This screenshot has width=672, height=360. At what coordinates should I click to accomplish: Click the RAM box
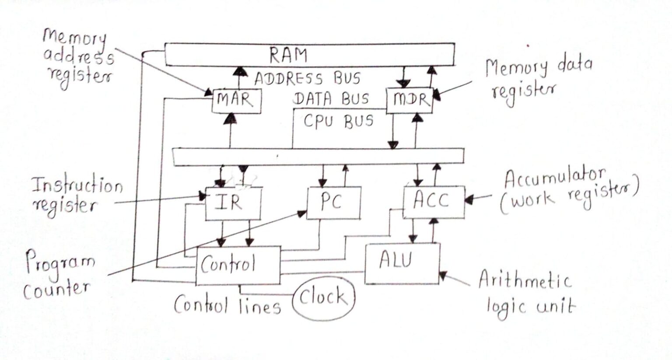click(x=309, y=55)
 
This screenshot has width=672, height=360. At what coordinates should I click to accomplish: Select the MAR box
click(x=236, y=101)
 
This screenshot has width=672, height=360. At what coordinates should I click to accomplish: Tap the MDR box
click(x=409, y=101)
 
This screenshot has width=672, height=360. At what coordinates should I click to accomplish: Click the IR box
click(x=233, y=203)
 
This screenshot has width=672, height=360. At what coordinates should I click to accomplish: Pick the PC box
click(x=334, y=203)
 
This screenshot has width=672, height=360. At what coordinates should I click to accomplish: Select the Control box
click(x=238, y=265)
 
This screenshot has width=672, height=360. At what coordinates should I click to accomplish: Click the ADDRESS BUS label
click(x=308, y=79)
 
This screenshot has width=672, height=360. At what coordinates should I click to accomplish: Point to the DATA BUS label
click(x=331, y=100)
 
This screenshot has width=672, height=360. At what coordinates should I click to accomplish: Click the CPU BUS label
click(x=338, y=121)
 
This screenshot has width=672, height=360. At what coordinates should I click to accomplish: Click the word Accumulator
click(x=554, y=177)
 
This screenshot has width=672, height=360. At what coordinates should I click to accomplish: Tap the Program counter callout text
click(x=58, y=276)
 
